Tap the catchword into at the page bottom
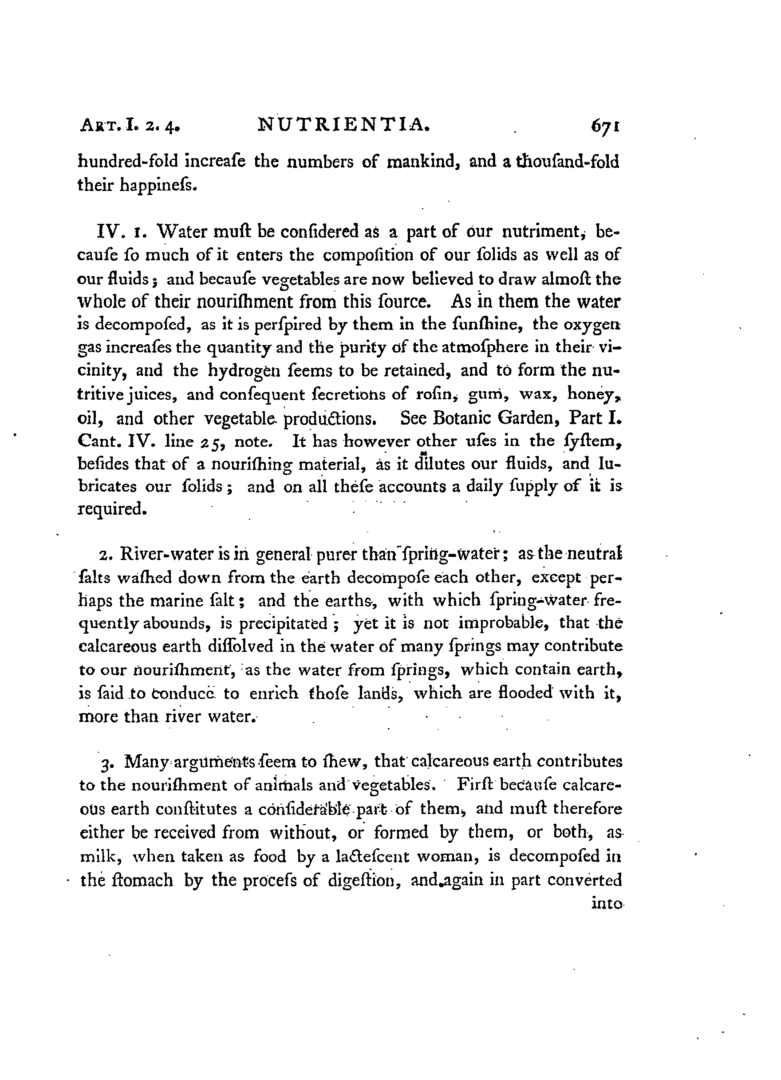pyautogui.click(x=606, y=903)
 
